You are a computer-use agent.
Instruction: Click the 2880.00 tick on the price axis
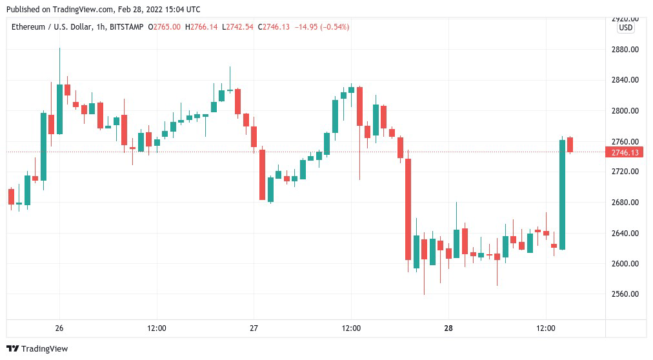click(624, 50)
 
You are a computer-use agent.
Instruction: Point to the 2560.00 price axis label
click(624, 294)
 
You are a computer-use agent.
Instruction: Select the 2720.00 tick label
click(624, 172)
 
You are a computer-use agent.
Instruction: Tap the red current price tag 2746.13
click(625, 152)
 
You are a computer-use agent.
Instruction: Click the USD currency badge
click(625, 28)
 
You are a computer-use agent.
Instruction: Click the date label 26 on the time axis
click(59, 328)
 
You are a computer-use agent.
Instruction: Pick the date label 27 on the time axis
click(254, 328)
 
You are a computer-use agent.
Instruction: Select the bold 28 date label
click(448, 328)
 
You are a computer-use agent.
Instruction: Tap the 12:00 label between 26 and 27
click(157, 328)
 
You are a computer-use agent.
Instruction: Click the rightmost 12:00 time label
click(546, 328)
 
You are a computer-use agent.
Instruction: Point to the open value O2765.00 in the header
click(165, 27)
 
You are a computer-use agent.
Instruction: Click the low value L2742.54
click(239, 27)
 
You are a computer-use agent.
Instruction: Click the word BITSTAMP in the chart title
click(128, 27)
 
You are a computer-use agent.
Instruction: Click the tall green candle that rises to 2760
click(562, 194)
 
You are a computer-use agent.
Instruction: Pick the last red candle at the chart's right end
click(570, 145)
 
